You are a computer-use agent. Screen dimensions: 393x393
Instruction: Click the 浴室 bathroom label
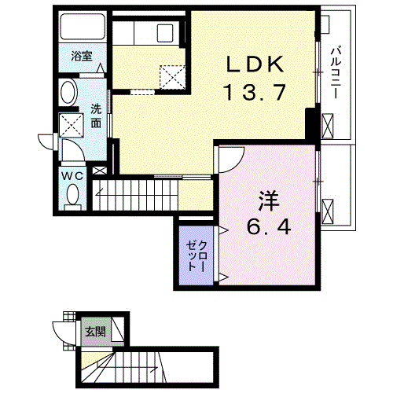tap(82, 57)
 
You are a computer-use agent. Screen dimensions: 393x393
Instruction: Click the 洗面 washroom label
tap(95, 116)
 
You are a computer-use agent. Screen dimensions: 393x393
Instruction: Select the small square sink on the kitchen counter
tap(165, 34)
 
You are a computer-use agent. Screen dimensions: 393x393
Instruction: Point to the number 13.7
tap(254, 94)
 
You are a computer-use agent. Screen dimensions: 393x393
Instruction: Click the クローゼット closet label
tap(194, 252)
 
